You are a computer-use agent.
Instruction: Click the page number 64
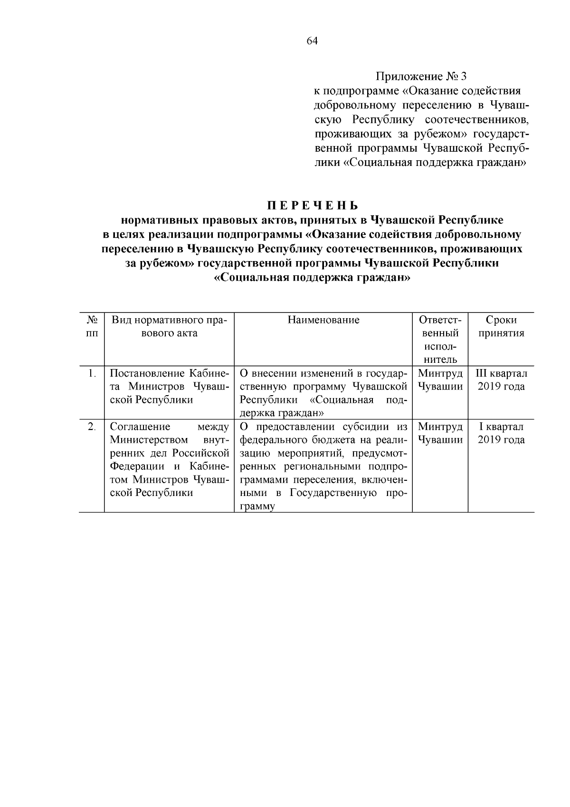click(x=312, y=41)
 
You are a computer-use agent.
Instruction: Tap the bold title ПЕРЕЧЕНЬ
click(x=312, y=206)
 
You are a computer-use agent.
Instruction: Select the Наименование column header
click(x=323, y=320)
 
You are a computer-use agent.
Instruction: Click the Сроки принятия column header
click(x=501, y=327)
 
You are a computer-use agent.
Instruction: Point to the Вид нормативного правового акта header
click(x=169, y=327)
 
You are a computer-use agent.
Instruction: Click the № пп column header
click(x=92, y=327)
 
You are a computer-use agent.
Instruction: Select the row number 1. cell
click(x=92, y=373)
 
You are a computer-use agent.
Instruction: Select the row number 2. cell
click(x=92, y=427)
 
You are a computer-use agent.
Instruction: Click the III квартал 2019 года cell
click(x=501, y=380)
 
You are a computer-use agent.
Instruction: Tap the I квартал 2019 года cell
click(x=501, y=433)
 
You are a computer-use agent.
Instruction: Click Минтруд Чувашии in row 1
click(x=440, y=380)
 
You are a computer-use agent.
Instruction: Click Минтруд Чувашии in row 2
click(x=440, y=433)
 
